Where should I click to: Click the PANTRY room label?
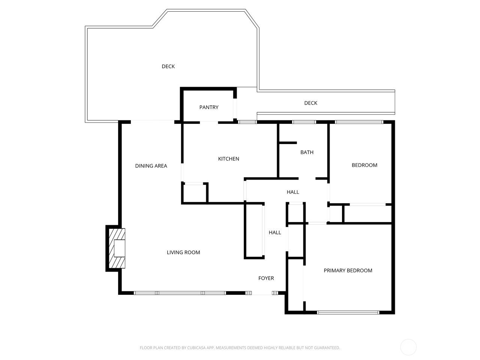tap(209, 107)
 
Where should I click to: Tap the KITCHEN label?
tap(228, 159)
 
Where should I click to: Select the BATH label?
tap(307, 152)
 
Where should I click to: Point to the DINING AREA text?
tap(151, 166)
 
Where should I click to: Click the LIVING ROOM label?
tap(183, 252)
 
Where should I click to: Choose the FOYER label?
tap(266, 278)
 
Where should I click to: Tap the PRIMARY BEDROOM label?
tap(348, 271)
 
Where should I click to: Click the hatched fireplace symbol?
tap(117, 248)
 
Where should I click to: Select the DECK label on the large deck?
tap(168, 66)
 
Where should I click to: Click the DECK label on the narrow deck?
tap(311, 103)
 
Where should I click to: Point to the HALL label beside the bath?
tap(293, 192)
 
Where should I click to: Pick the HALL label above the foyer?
tap(275, 232)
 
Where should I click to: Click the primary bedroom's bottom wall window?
tap(348, 313)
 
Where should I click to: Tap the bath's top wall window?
tap(304, 122)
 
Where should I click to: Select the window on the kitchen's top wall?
tap(247, 122)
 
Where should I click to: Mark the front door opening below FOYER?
tap(262, 293)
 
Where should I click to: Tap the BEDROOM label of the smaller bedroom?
tap(364, 165)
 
